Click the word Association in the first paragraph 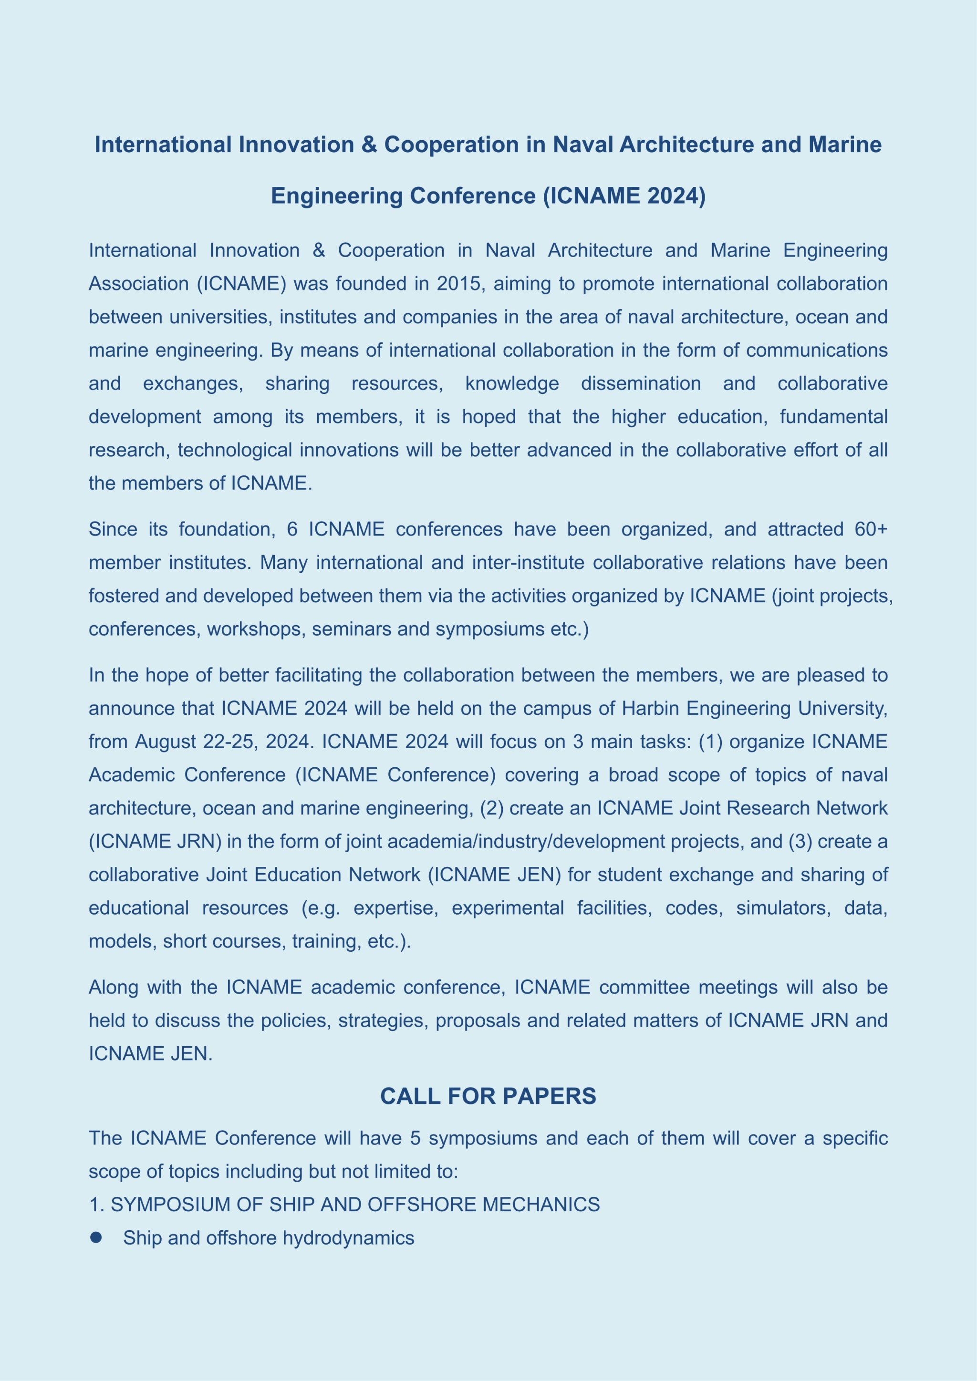click(x=138, y=284)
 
